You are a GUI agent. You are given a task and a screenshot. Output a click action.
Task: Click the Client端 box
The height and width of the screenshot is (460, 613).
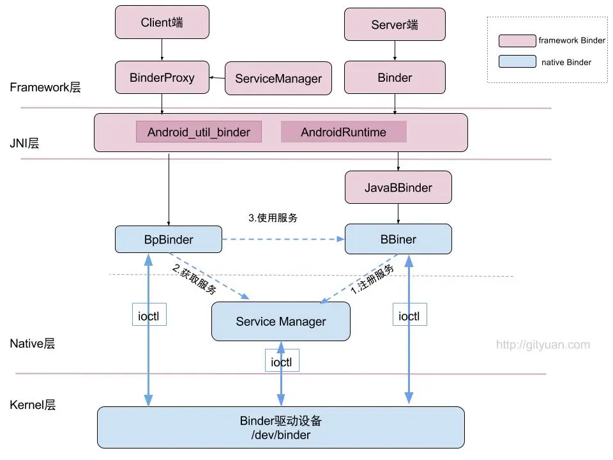point(162,22)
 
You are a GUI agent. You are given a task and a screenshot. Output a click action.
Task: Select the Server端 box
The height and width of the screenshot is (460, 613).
point(395,25)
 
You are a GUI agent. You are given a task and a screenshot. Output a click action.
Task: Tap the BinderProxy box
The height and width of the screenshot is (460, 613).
point(162,77)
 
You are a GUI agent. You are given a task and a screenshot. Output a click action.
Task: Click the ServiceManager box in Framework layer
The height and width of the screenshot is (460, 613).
point(278,79)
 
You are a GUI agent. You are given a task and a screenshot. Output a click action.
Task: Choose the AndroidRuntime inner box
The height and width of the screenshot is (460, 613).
point(344,132)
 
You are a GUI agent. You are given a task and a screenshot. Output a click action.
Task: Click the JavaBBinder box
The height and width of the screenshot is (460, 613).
point(398,187)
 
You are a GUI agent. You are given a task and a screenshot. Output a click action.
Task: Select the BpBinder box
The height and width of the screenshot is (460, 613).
point(169,240)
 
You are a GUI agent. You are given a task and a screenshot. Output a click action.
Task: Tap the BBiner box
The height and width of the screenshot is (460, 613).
point(398,240)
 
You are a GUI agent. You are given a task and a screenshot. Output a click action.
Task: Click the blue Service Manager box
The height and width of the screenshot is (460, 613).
point(281,321)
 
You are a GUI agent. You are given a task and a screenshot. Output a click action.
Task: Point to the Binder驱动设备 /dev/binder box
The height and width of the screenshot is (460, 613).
point(280,427)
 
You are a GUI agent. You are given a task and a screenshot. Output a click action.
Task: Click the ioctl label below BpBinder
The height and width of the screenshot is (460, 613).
point(149,315)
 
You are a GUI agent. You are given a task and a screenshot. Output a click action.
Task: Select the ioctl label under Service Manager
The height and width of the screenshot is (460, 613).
point(282,361)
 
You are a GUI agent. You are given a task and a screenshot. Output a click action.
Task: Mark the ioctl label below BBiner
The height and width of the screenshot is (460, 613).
point(409,315)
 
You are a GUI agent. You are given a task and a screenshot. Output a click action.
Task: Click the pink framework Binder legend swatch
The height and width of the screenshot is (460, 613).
point(517,40)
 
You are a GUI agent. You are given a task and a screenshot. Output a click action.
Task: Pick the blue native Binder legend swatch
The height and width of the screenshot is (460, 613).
point(517,62)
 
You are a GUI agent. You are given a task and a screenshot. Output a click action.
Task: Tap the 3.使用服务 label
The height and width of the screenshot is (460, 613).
point(273,217)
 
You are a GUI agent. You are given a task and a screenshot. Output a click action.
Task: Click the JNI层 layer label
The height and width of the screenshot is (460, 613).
point(25,144)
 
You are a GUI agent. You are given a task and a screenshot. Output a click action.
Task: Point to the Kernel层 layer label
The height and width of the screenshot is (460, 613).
point(33,405)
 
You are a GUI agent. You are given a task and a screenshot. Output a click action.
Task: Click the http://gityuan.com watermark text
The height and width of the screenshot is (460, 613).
point(543,345)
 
